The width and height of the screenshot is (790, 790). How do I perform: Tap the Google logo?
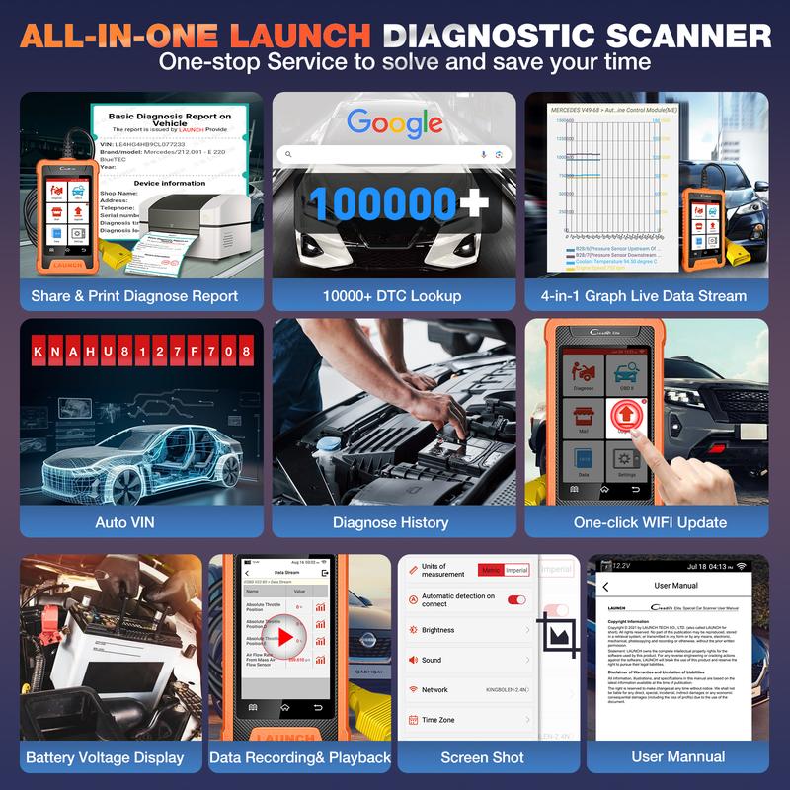click(x=394, y=123)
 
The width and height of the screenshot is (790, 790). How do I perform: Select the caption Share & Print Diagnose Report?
click(x=134, y=295)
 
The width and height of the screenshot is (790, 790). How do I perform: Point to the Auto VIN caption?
click(x=125, y=522)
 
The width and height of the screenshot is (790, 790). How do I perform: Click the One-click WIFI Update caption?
click(x=650, y=522)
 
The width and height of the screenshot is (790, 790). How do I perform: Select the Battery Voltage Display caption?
click(x=105, y=757)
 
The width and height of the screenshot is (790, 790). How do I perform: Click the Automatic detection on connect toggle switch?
click(x=515, y=599)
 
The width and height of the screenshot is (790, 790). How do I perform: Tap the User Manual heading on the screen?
click(x=675, y=586)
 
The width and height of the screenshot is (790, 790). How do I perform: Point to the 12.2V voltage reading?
click(x=620, y=565)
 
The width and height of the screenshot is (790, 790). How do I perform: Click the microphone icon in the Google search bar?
click(x=483, y=154)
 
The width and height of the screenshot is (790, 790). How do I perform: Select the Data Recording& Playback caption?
click(x=300, y=757)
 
